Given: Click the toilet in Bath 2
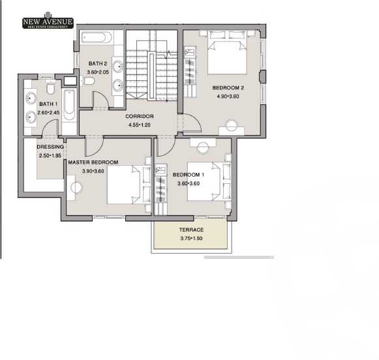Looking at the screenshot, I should click(91, 80).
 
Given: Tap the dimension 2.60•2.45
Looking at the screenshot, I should click(49, 112).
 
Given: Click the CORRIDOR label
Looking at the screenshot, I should click(139, 116).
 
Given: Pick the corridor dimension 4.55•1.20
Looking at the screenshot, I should click(139, 125).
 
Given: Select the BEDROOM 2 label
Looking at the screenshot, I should click(228, 87).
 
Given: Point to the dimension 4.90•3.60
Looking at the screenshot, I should click(228, 97).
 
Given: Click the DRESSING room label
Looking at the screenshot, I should click(50, 147).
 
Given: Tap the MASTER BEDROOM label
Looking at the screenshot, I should click(93, 162).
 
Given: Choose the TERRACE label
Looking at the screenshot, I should click(191, 230).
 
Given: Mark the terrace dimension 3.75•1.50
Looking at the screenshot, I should click(191, 238).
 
